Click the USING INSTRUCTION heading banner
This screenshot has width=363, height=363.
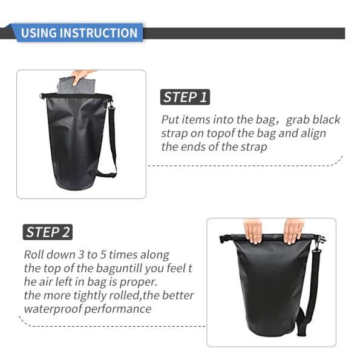[x=79, y=33]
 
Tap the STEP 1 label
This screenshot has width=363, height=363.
[x=185, y=97]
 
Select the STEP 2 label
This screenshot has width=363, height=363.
[x=48, y=232]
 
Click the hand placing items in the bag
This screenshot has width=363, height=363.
[x=83, y=75]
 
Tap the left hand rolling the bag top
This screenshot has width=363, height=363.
[x=253, y=231]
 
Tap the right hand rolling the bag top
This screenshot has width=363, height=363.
[x=293, y=230]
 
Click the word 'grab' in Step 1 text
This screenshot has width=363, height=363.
[x=299, y=120]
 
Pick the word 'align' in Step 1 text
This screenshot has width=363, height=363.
[x=312, y=133]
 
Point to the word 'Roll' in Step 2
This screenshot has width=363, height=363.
[x=34, y=255]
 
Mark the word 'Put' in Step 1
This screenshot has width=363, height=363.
[x=170, y=120]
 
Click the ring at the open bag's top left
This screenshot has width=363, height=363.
[x=44, y=96]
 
